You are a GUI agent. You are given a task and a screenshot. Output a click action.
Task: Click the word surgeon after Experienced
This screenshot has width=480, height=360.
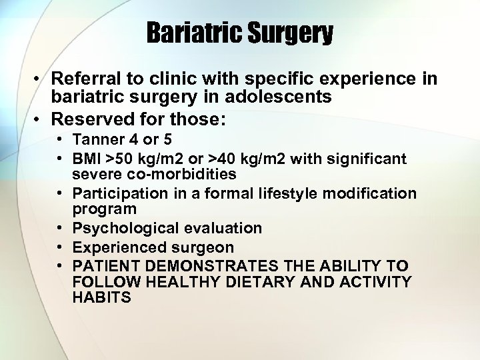coord(204,247)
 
